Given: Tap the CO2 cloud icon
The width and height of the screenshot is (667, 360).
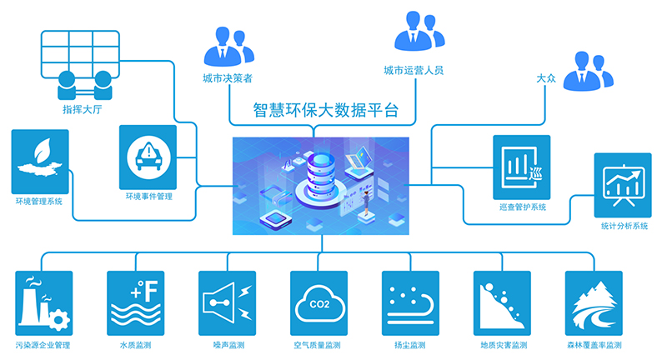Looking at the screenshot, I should click(x=319, y=301).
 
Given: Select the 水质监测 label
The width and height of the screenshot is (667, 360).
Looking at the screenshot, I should click(x=135, y=345).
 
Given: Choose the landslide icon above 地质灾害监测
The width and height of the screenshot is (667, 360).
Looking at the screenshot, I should click(x=503, y=301).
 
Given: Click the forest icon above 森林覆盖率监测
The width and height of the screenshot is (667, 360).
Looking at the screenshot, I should click(x=594, y=301).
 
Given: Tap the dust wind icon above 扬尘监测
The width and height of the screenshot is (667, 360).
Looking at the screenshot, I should click(x=410, y=301).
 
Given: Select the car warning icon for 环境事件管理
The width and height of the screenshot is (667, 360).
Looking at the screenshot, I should click(x=147, y=156).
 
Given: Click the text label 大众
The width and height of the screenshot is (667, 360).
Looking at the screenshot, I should click(x=547, y=78).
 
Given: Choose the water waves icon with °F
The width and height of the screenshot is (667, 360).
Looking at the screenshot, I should click(x=136, y=301).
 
